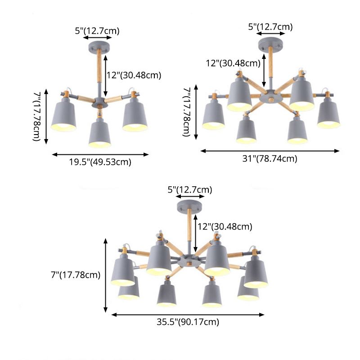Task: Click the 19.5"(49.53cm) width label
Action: coord(100,162)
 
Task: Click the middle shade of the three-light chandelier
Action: coord(99,134)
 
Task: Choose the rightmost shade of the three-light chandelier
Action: coord(134,116)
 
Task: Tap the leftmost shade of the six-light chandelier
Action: coord(213,116)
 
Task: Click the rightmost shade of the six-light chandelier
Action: coord(328,115)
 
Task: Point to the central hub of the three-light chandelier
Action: coord(99,103)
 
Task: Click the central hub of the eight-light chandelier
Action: coord(188,262)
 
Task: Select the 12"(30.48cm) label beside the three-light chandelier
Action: coord(133,75)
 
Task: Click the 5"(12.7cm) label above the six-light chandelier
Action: coord(270,27)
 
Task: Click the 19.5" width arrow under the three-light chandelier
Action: coord(100,154)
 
